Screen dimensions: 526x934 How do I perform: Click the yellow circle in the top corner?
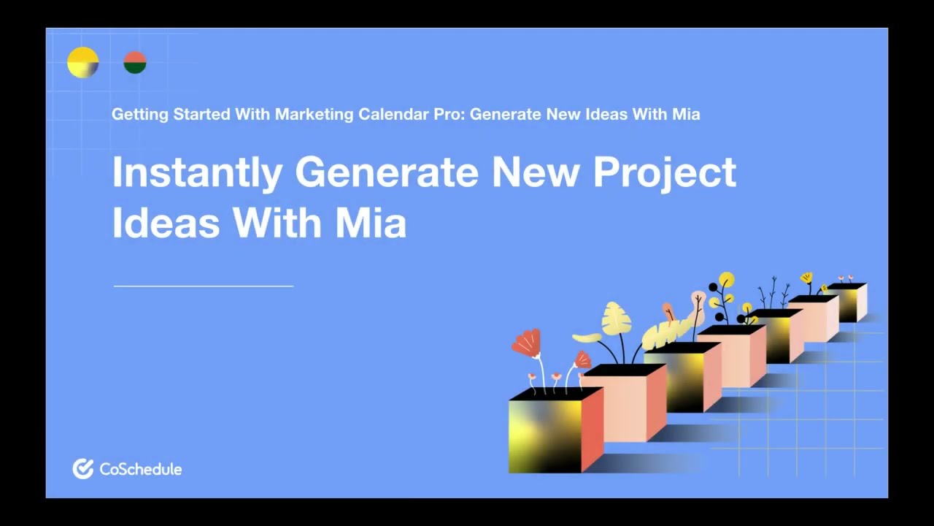tap(82, 63)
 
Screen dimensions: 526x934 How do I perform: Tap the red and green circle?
tap(135, 63)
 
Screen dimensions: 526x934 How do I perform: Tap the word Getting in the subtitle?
tap(140, 115)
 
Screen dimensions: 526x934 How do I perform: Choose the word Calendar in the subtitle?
tap(390, 115)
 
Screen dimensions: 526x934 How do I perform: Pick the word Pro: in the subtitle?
tap(447, 115)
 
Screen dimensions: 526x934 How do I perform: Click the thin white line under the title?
tap(204, 286)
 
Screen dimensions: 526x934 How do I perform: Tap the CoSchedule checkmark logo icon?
tap(82, 469)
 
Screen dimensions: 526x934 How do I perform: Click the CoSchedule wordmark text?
tap(140, 469)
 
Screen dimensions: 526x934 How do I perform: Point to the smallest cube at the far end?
tap(850, 302)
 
